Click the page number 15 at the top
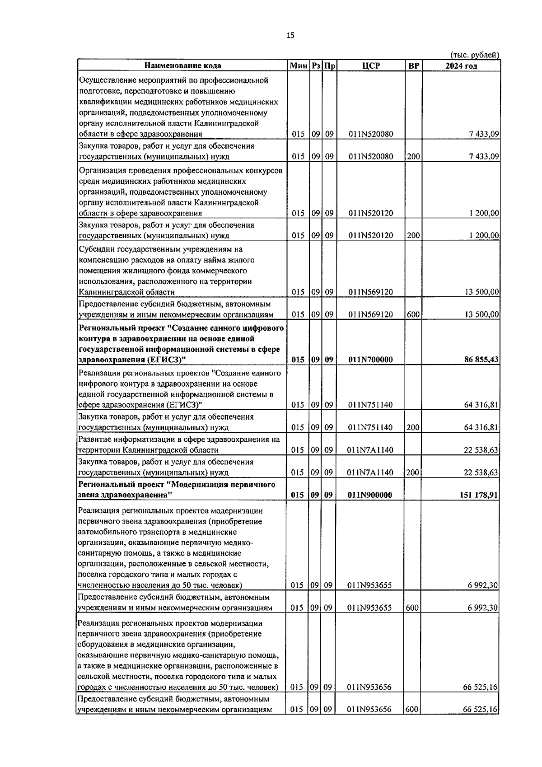click(290, 36)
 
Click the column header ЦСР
click(371, 65)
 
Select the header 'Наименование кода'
click(182, 65)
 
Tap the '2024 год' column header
click(461, 65)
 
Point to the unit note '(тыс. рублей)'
click(475, 55)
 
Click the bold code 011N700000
click(370, 360)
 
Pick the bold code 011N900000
click(370, 495)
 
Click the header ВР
click(413, 65)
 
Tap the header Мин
click(299, 65)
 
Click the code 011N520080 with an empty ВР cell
click(370, 134)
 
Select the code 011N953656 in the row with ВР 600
click(369, 710)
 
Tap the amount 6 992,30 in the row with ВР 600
click(483, 608)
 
